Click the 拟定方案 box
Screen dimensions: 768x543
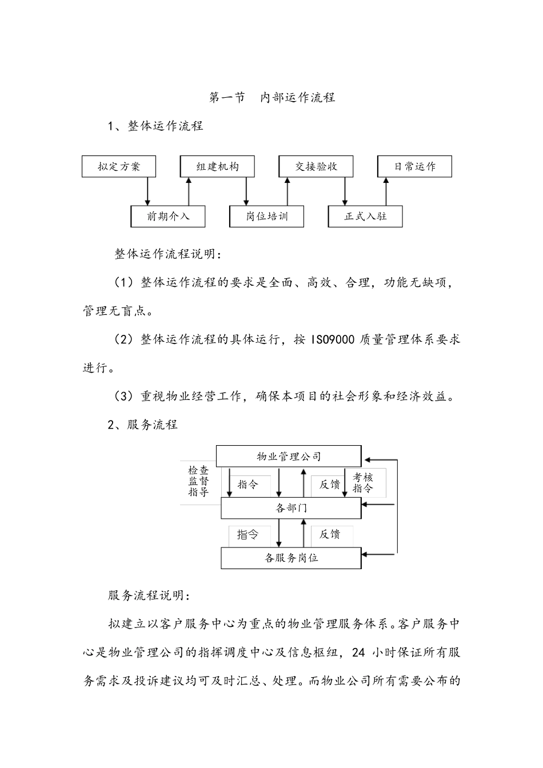[119, 166]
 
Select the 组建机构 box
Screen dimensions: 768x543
[218, 166]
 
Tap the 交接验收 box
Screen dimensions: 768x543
[316, 166]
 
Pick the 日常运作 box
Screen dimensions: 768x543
[414, 166]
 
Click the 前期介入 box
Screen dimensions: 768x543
[168, 217]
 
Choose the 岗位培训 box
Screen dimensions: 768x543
[267, 217]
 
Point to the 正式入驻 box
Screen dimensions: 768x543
[365, 217]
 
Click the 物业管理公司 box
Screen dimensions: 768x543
[289, 456]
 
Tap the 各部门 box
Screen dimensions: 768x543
[291, 508]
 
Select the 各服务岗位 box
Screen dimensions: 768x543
[291, 558]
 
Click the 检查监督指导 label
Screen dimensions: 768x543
[198, 481]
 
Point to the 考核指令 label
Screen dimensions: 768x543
[362, 483]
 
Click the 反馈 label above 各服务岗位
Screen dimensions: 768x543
[330, 534]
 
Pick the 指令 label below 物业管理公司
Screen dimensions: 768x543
[247, 485]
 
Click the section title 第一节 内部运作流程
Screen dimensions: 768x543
[272, 98]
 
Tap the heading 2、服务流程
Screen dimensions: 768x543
[143, 425]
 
